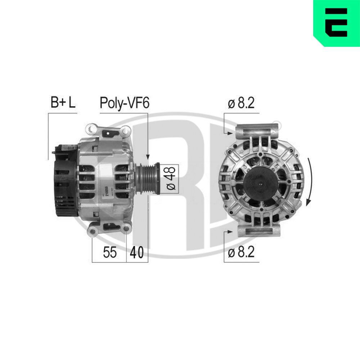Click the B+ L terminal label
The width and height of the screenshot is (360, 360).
pos(63,103)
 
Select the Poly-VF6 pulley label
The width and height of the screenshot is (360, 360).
pos(124,103)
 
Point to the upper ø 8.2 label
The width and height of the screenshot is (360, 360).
pos(241,103)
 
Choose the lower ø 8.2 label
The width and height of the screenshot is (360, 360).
pos(241,252)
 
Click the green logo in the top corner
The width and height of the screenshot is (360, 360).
pos(336,23)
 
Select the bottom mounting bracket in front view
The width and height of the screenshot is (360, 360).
pos(258,232)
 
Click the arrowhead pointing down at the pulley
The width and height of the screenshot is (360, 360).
pos(148,157)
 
